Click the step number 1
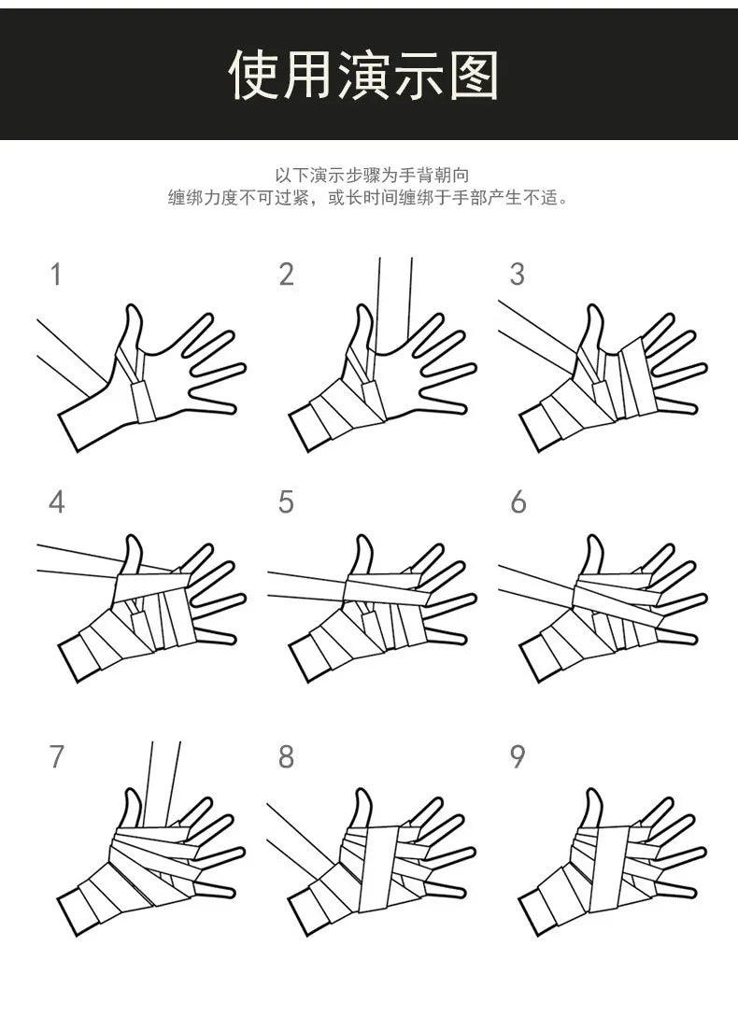coord(56,275)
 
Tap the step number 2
coord(287,275)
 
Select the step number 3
coord(517,275)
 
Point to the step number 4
coord(56,502)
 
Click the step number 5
coord(287,502)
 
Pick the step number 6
coord(518,502)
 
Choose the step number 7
coord(56,756)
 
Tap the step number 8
coord(287,756)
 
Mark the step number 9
coord(517,756)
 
